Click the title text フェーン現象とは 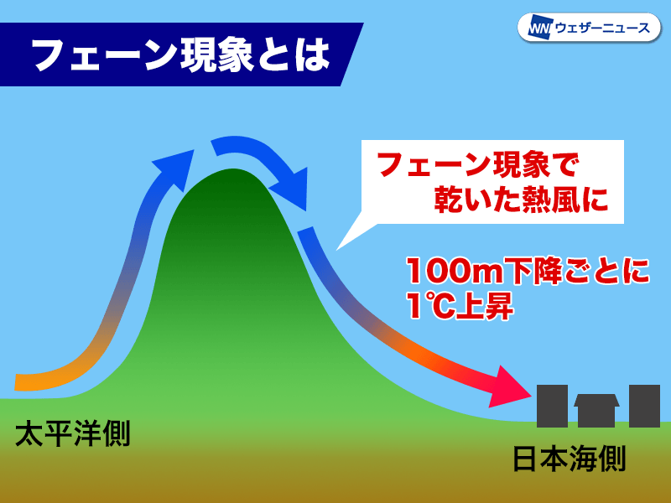coord(181,55)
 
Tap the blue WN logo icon coord(539,29)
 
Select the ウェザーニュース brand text coord(602,29)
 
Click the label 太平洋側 coord(73,433)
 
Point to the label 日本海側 coord(570,459)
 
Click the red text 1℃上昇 coord(460,305)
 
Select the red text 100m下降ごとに coord(528,271)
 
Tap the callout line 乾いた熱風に coord(521,200)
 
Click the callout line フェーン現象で coord(478,164)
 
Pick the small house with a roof coord(596,410)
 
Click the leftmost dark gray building coord(552,406)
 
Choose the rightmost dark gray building coord(644,406)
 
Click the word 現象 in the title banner coord(217,55)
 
